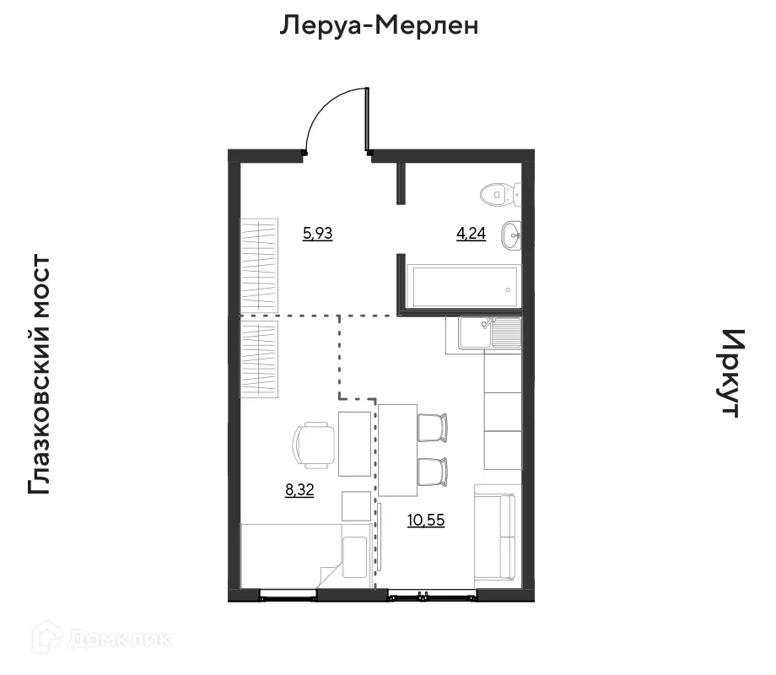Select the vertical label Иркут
pyautogui.click(x=730, y=373)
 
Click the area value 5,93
pyautogui.click(x=317, y=234)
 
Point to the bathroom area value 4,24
pyautogui.click(x=471, y=235)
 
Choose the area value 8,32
pyautogui.click(x=299, y=490)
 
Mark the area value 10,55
pyautogui.click(x=426, y=520)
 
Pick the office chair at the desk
pyautogui.click(x=314, y=444)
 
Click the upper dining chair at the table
pyautogui.click(x=434, y=426)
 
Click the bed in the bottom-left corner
pyautogui.click(x=304, y=554)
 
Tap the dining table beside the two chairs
pyautogui.click(x=397, y=450)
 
